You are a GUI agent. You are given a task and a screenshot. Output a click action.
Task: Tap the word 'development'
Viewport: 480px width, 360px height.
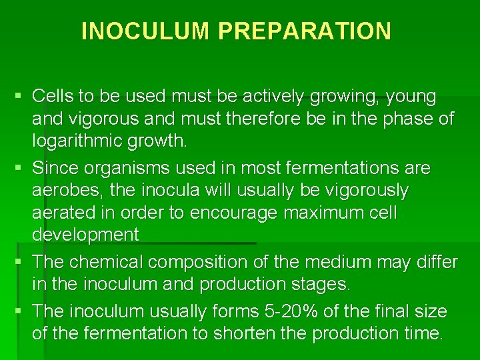coord(85,235)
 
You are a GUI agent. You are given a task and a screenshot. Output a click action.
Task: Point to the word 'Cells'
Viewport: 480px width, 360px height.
coord(57,97)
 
